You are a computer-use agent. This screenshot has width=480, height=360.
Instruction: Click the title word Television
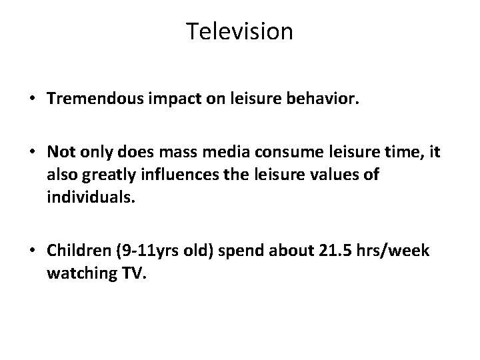point(239,31)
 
